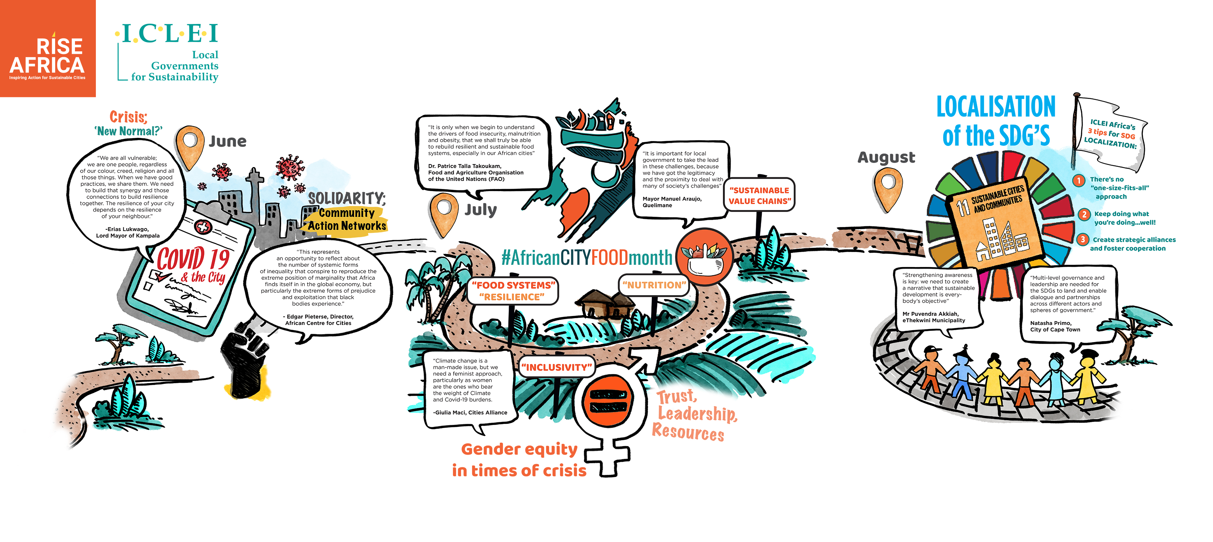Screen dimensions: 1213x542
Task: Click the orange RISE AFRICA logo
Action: (48, 49)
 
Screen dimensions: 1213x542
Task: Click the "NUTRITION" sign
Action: (654, 285)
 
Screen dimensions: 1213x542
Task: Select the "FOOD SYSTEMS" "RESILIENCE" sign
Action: (513, 291)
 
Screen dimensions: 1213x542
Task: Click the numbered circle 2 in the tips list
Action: (1084, 215)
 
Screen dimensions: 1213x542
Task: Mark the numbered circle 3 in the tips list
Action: (1083, 240)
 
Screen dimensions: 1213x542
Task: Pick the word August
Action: (886, 157)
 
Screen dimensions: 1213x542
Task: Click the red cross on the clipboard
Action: (203, 227)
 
